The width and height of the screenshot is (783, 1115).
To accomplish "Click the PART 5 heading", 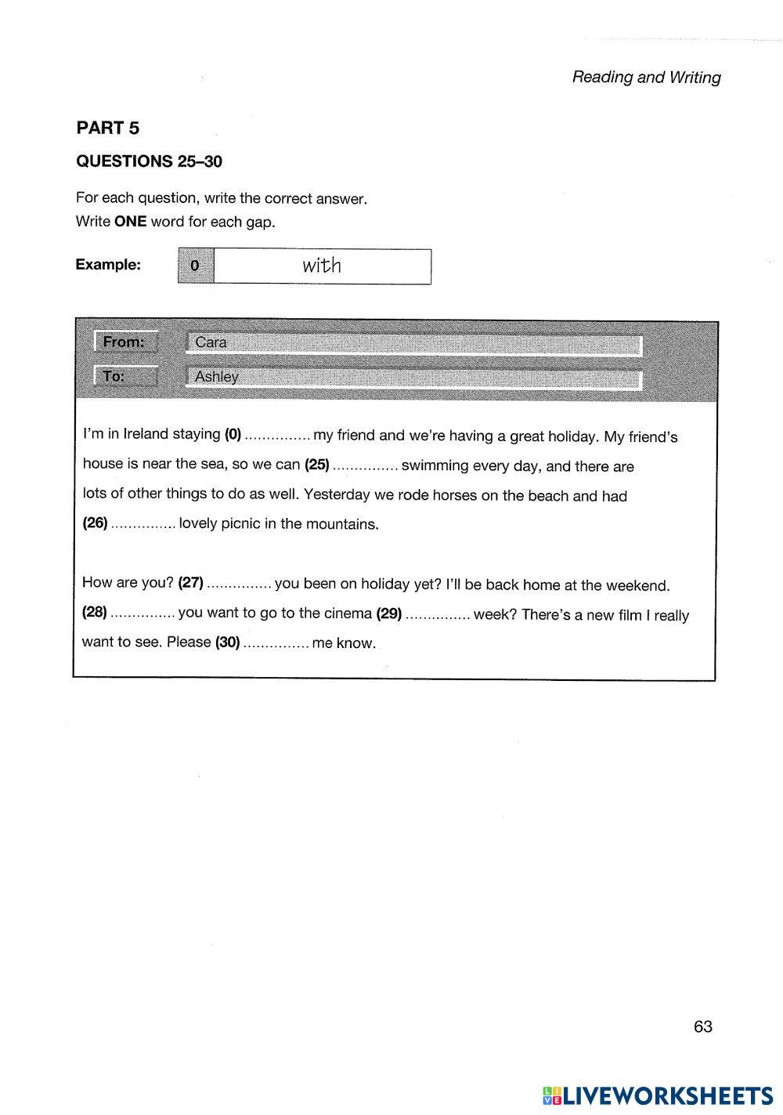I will click(107, 128).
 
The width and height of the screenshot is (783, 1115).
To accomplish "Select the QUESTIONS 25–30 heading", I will click(149, 161).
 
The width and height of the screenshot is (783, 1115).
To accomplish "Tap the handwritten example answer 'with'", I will click(322, 266).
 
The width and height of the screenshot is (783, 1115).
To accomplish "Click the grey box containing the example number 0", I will click(196, 266).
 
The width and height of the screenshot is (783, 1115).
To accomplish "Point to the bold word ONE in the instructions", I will click(130, 222).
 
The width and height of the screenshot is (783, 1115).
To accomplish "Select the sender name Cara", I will click(211, 342).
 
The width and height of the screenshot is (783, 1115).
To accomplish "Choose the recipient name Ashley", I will click(217, 377).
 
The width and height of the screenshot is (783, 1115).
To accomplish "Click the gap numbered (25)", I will click(366, 466).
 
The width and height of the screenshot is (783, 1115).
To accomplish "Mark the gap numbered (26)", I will click(143, 524).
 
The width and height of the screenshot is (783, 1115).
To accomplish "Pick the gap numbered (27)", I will click(240, 585).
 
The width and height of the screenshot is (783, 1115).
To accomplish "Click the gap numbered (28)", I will click(143, 614).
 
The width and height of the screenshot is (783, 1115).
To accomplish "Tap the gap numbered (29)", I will click(438, 615).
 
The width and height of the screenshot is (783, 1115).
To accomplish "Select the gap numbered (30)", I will click(276, 644).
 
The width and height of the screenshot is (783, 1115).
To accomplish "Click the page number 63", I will click(702, 1026).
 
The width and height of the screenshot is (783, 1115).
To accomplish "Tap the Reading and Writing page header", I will click(646, 77).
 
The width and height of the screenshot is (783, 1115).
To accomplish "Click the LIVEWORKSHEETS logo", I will click(657, 1095).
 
